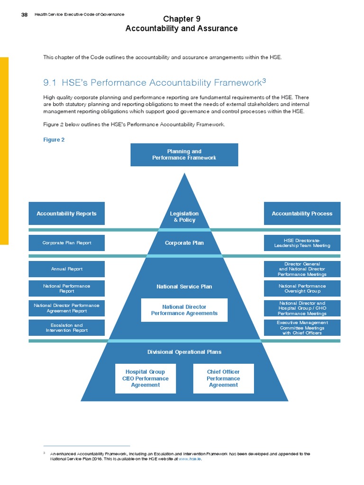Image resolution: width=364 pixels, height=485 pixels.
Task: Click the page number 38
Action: click(x=24, y=15)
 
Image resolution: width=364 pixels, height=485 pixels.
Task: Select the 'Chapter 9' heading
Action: click(x=182, y=19)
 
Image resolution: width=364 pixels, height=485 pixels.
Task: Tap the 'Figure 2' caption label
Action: click(x=54, y=140)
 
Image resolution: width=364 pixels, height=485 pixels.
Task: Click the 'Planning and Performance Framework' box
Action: click(x=184, y=154)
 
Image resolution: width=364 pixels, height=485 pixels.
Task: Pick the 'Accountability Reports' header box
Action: click(x=66, y=214)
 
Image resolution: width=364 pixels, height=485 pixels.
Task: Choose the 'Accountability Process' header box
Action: click(x=302, y=214)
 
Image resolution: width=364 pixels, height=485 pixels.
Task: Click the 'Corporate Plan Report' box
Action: click(x=66, y=243)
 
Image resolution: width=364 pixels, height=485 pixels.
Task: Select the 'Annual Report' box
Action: click(x=66, y=269)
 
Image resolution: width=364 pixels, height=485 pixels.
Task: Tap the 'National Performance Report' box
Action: click(x=66, y=289)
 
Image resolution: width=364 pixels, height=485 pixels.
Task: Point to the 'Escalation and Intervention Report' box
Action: click(x=66, y=328)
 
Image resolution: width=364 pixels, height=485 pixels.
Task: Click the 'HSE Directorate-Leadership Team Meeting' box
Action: click(x=302, y=243)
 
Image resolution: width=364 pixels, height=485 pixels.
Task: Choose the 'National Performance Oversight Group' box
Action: click(x=302, y=288)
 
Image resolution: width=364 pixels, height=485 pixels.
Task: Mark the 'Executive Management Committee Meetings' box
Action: click(x=302, y=328)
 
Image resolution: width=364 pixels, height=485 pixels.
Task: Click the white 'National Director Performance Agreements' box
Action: click(x=184, y=310)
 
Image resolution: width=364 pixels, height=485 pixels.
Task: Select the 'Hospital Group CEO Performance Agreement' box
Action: click(x=145, y=378)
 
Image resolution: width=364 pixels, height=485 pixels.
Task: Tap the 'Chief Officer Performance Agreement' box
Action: click(x=223, y=378)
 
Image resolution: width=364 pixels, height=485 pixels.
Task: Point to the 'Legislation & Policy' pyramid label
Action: click(x=184, y=217)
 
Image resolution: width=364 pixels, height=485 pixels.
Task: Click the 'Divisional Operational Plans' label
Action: click(x=184, y=352)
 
